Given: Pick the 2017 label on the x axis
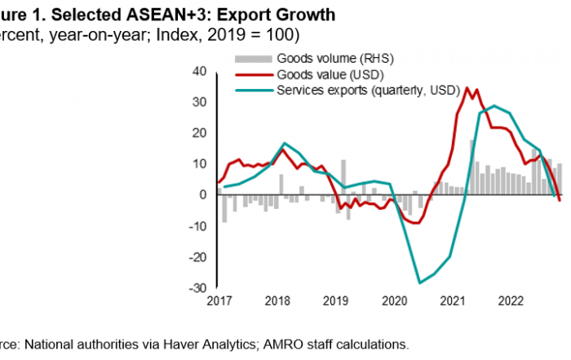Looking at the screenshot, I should point(218,301).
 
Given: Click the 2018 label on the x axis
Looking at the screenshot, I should point(277,301).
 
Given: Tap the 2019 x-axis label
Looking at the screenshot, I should point(334,301).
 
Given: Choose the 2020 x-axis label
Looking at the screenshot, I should point(392,301).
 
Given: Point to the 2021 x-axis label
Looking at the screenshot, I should point(450,301).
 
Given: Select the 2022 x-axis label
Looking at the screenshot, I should point(509,301).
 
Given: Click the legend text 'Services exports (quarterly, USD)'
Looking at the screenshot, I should point(368,90).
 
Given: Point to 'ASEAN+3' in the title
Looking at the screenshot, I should point(108,16).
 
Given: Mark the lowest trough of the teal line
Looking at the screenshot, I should point(419,283).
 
